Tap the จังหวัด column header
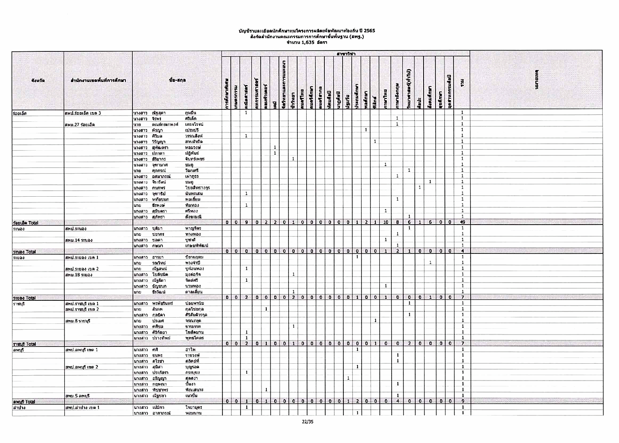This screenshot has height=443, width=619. [x=38, y=80]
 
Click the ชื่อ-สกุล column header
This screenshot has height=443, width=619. [x=177, y=80]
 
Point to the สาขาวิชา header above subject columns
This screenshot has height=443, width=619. [x=345, y=54]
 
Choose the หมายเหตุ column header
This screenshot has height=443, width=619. [x=536, y=80]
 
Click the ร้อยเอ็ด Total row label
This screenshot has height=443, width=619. [x=26, y=223]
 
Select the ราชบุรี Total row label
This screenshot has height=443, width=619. [x=25, y=344]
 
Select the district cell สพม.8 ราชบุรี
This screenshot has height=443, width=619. [x=78, y=321]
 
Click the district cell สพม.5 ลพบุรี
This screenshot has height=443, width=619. [x=78, y=396]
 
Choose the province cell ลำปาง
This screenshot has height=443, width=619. [x=19, y=407]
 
